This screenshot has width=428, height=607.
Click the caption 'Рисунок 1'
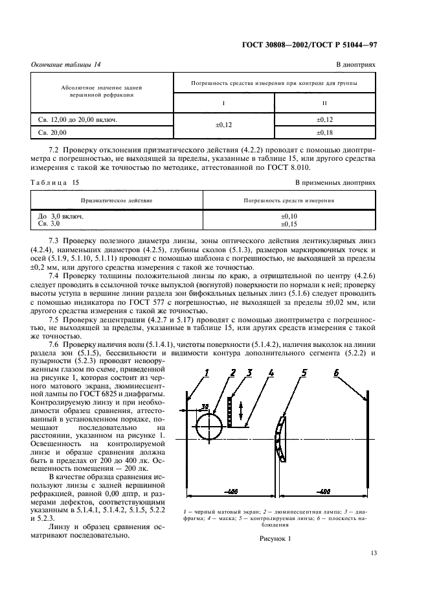pyautogui.click(x=277, y=539)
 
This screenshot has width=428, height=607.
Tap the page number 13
pyautogui.click(x=373, y=553)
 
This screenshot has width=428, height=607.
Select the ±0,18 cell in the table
pyautogui.click(x=324, y=132)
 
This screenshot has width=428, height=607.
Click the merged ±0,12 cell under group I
pyautogui.click(x=223, y=126)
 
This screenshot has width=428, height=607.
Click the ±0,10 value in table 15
pyautogui.click(x=289, y=216)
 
